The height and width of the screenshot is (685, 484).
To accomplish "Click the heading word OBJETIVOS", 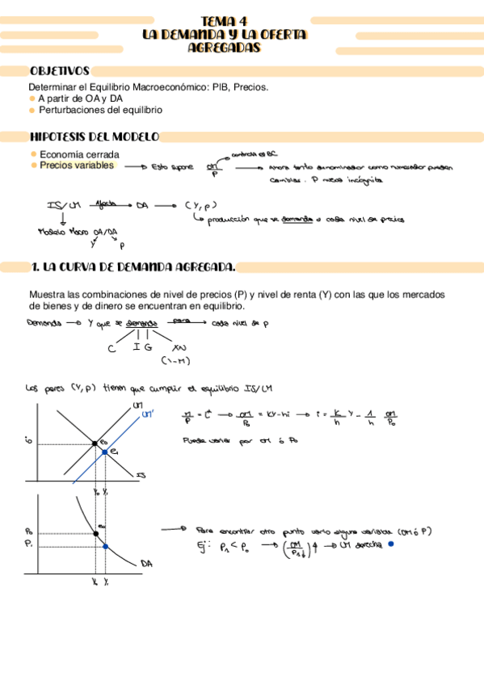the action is click(59, 71).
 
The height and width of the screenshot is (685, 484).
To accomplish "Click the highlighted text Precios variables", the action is click(77, 166).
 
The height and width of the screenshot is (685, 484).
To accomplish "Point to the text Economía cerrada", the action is click(79, 154).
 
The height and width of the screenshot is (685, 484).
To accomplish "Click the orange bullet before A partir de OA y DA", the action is click(32, 98).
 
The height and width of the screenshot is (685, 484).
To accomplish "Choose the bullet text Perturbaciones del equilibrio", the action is click(101, 109).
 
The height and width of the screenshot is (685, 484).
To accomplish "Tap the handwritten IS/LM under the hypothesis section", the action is click(61, 205).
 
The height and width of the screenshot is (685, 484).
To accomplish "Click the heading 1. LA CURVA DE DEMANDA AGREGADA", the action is click(133, 267).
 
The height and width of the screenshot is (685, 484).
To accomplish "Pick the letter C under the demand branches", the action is click(112, 349).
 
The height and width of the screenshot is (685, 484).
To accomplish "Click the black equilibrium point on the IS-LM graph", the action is click(95, 443).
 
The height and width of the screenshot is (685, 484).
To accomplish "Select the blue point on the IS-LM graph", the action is click(106, 452).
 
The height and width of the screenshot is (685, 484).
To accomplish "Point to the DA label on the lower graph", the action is click(146, 563).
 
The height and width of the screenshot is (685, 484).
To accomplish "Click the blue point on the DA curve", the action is click(106, 547).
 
